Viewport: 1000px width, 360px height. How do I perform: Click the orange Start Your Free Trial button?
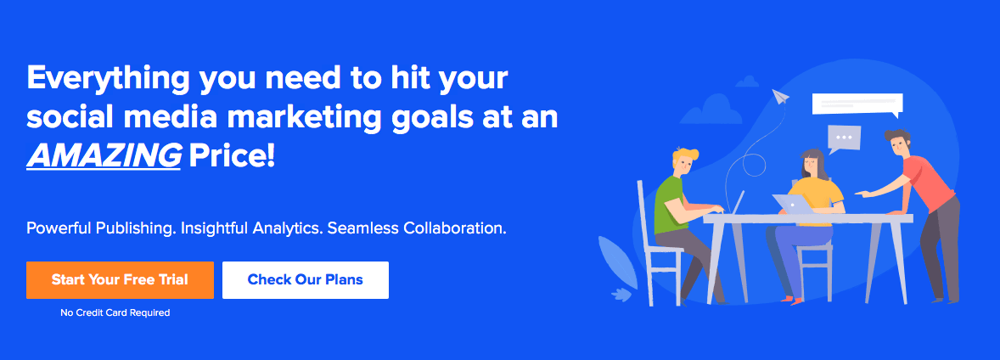click(x=120, y=279)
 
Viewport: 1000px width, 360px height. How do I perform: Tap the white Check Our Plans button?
click(x=306, y=279)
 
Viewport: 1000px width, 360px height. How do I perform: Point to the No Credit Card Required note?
click(x=115, y=312)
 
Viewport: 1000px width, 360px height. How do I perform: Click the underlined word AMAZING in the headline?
click(x=104, y=155)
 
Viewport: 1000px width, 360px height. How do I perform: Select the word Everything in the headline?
click(x=108, y=79)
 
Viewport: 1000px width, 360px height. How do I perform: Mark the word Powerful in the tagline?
click(x=59, y=228)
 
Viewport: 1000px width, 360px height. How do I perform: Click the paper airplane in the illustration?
click(x=781, y=97)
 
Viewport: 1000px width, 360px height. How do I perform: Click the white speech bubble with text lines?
click(x=857, y=105)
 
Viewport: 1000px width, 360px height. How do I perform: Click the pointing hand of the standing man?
click(x=861, y=194)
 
